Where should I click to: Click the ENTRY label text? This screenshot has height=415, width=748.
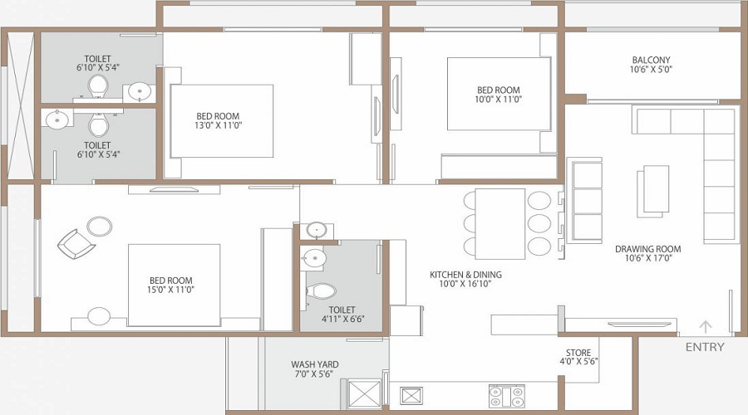click(705, 347)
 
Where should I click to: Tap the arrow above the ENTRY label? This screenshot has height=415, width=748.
click(706, 327)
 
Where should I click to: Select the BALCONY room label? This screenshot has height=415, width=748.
click(651, 60)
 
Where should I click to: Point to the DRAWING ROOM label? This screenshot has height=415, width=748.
click(647, 249)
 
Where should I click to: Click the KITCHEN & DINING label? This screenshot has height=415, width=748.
click(465, 275)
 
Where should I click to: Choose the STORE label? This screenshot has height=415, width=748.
click(578, 352)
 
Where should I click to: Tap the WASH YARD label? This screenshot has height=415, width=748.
click(314, 364)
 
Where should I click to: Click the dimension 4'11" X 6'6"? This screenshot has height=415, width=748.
click(344, 318)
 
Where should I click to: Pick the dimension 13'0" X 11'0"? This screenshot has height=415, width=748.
click(218, 126)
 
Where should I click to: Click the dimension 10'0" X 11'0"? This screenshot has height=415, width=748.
click(498, 100)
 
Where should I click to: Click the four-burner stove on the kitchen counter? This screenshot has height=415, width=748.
click(505, 395)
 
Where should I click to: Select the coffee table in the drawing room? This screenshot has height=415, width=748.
click(654, 190)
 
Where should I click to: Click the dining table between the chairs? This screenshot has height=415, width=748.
click(500, 223)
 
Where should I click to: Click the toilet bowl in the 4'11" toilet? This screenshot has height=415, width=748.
click(321, 291)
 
